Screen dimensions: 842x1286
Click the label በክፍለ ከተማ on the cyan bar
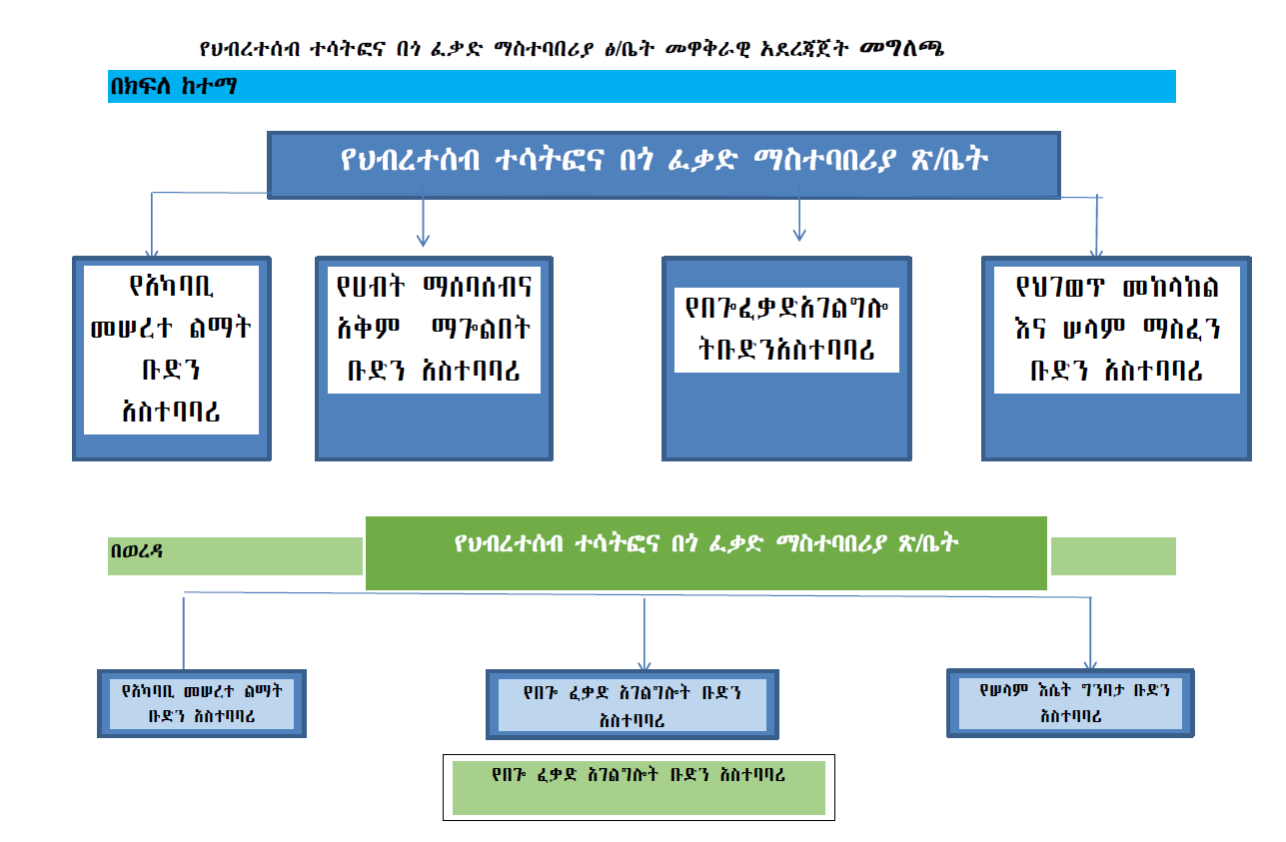(173, 87)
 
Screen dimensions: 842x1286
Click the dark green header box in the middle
(705, 552)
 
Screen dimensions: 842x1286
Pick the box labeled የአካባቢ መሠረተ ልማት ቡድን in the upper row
(171, 358)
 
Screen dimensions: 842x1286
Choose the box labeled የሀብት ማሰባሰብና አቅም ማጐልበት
(434, 358)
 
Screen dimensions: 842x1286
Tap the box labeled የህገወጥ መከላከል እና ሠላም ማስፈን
(1115, 358)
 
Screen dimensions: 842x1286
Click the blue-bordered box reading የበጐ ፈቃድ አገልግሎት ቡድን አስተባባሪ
(632, 705)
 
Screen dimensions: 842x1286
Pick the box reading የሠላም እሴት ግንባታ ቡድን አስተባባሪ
(1069, 702)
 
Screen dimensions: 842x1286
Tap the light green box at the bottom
(639, 787)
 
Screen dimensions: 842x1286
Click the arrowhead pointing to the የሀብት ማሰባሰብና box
(423, 239)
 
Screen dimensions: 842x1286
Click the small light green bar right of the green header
(1112, 556)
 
